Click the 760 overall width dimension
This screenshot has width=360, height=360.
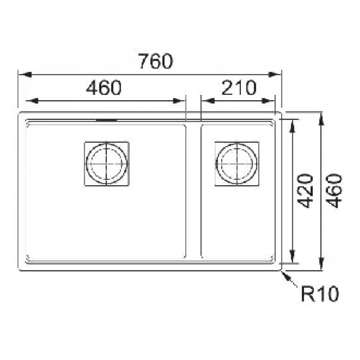156,61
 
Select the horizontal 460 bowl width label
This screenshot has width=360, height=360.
104,88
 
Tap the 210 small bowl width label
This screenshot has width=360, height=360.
239,88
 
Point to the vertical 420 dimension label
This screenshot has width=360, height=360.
305,191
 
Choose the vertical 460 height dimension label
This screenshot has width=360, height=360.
334,191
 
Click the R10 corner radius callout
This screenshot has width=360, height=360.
320,294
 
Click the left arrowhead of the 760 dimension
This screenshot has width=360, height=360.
25,74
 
